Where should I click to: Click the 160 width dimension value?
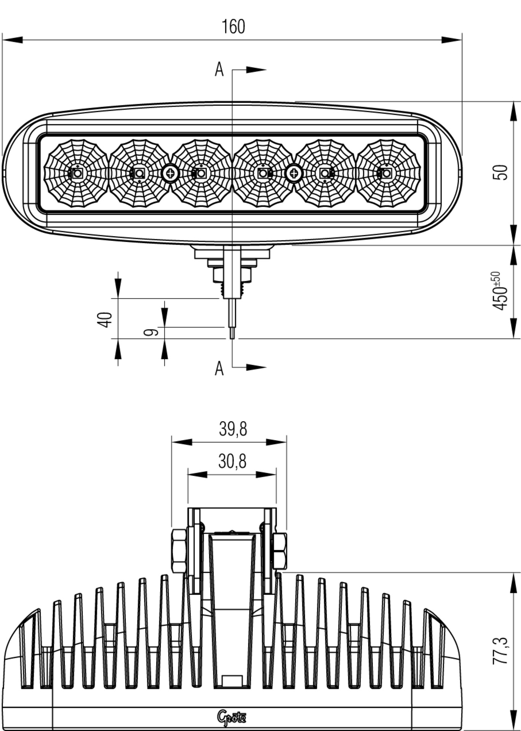pos(233,27)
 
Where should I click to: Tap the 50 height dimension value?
pos(500,172)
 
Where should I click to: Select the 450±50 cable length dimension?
pos(500,290)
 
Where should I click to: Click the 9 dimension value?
pos(151,332)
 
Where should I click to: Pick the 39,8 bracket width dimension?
pos(233,429)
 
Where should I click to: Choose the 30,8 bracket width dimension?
pos(232,461)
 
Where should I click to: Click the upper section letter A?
pos(219,70)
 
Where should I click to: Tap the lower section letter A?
pos(219,368)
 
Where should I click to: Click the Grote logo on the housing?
pos(232,716)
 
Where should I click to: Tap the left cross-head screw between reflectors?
pos(170,174)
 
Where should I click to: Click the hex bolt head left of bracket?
pos(179,551)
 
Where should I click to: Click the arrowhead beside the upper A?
pos(256,70)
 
